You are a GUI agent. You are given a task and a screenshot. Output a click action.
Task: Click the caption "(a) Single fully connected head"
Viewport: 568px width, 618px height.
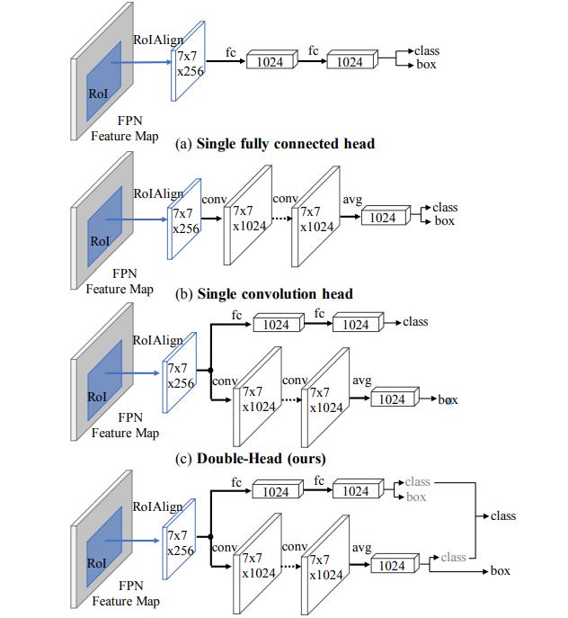276,144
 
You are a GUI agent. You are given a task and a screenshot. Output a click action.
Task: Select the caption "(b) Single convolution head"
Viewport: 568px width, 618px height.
265,293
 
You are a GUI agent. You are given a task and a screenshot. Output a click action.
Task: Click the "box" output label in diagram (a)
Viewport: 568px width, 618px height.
426,66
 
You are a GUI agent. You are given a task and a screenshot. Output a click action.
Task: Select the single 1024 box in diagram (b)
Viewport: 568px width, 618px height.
383,218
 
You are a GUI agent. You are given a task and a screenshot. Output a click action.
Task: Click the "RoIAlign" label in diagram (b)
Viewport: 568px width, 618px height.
158,193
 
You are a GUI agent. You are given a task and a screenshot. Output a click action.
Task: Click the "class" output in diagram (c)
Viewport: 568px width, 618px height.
415,321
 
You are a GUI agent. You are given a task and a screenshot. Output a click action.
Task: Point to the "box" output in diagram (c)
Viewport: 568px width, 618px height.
448,399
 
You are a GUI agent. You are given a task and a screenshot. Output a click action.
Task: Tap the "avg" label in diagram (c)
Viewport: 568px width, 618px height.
361,380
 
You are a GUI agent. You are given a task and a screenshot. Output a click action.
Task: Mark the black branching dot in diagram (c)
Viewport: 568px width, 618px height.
209,369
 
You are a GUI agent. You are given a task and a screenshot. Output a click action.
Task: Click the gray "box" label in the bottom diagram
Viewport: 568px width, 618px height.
416,497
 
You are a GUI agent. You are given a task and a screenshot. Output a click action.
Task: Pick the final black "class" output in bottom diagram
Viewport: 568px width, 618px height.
503,516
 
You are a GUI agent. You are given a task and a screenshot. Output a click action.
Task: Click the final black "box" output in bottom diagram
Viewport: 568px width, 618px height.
500,570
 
